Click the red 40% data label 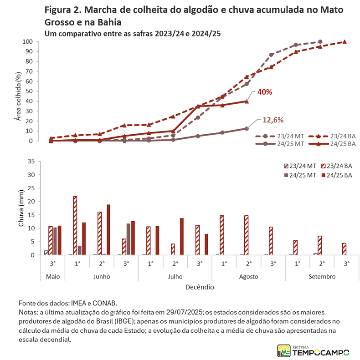pos(265,92)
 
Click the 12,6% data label pos(273,120)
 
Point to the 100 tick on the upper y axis pos(28,42)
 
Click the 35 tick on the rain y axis pos(31,161)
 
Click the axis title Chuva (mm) pos(21,208)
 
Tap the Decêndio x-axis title pos(200,287)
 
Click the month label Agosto pos(248,276)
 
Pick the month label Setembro pos(322,276)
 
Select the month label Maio pos(52,276)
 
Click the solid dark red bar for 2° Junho pos(108,230)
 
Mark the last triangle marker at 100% pos(345,42)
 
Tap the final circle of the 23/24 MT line pos(320,42)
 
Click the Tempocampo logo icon pos(284,350)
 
